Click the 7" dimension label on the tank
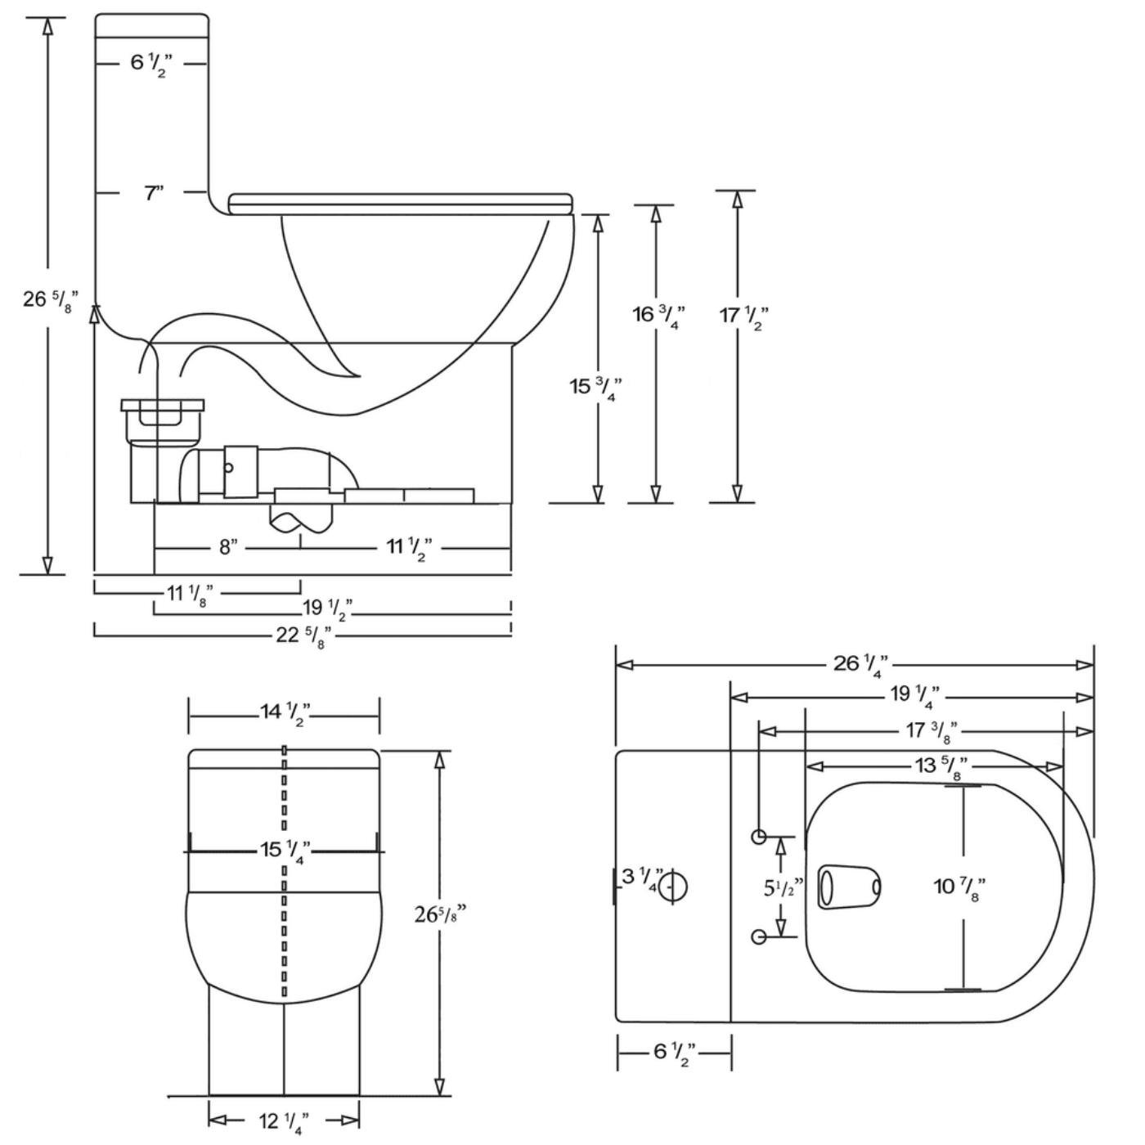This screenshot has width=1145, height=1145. pyautogui.click(x=154, y=194)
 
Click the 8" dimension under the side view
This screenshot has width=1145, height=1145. pyautogui.click(x=228, y=547)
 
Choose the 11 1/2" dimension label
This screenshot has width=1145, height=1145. pyautogui.click(x=408, y=547)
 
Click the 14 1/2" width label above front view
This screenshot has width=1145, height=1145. pyautogui.click(x=284, y=712)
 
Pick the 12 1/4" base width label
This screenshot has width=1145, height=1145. pyautogui.click(x=284, y=1121)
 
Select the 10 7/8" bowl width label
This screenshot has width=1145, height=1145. pyautogui.click(x=959, y=887)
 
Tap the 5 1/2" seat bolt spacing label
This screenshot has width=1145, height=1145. pyautogui.click(x=784, y=888)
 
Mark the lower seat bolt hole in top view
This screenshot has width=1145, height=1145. pyautogui.click(x=759, y=937)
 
